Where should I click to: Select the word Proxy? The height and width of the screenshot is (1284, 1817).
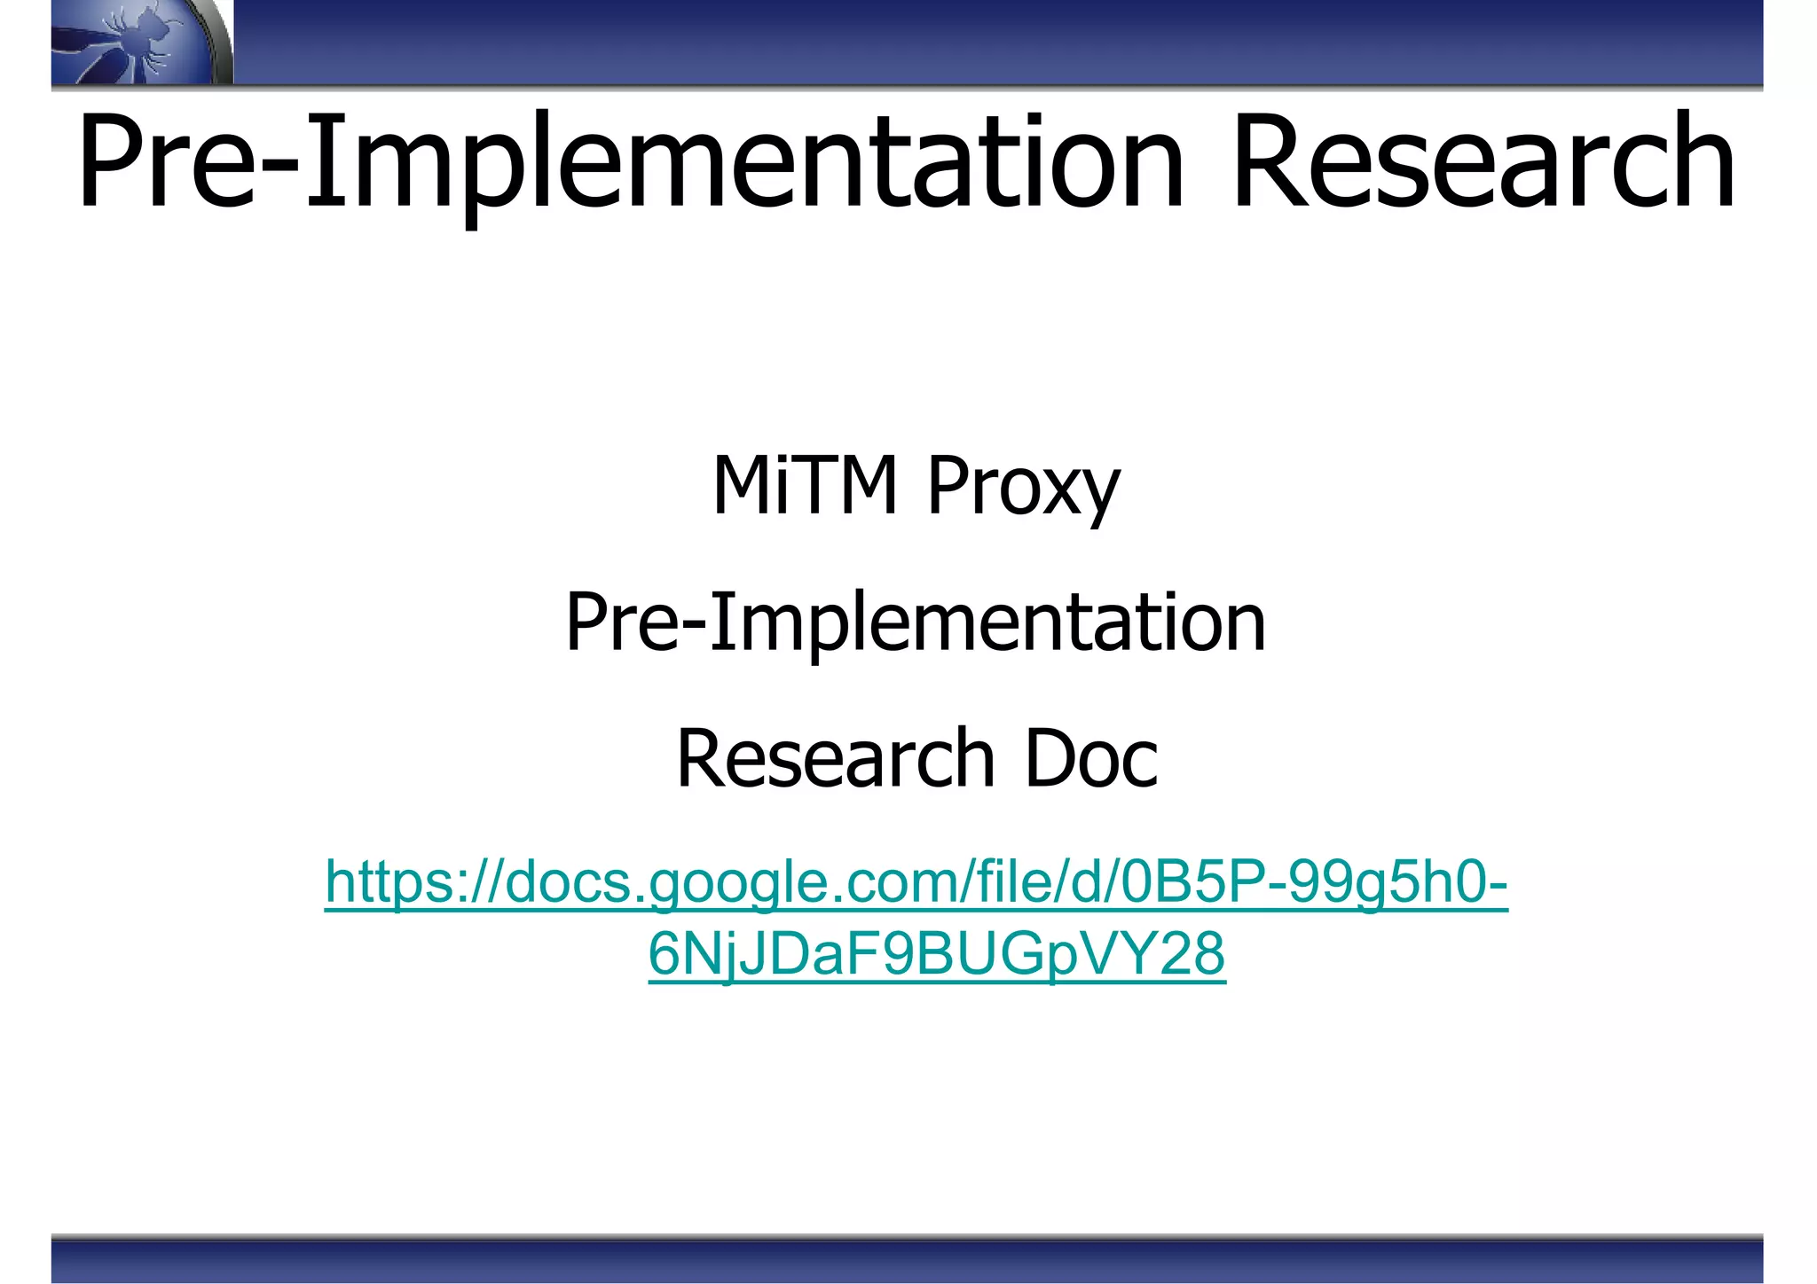(x=1024, y=488)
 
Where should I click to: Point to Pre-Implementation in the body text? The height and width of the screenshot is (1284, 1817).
(x=916, y=622)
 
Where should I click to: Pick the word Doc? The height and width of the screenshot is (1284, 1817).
(x=1091, y=758)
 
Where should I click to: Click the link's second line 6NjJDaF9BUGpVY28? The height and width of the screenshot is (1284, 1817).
(x=937, y=954)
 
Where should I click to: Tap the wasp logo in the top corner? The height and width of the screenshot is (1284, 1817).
(x=133, y=43)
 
